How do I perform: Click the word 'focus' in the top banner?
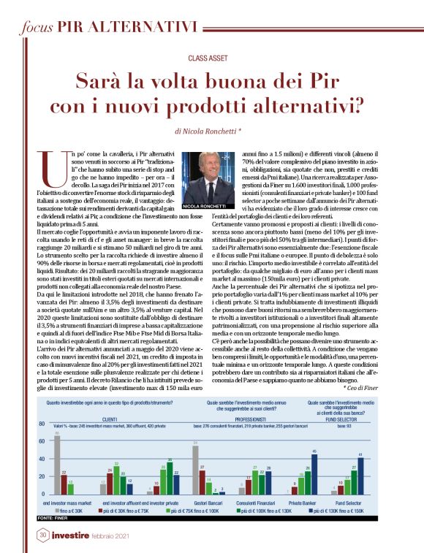point(37,28)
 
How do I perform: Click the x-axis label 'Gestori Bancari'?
point(193,503)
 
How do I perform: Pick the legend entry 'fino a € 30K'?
point(71,511)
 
